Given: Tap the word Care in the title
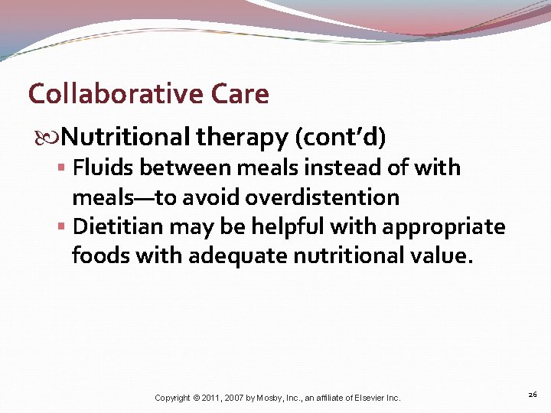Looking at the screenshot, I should [239, 94].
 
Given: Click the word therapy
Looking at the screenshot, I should [242, 138].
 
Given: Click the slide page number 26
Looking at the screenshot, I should [533, 394].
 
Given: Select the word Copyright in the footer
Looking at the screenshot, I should [172, 398].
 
